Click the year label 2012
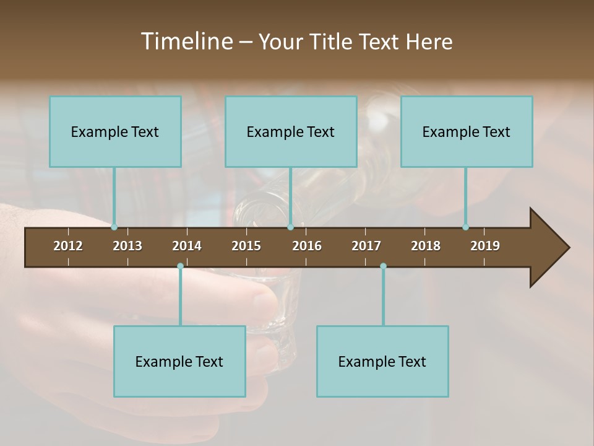pyautogui.click(x=68, y=246)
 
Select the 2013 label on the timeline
pyautogui.click(x=127, y=246)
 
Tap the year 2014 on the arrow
pyautogui.click(x=187, y=246)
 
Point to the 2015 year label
pyautogui.click(x=246, y=246)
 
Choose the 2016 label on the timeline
pyautogui.click(x=307, y=246)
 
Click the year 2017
pyautogui.click(x=366, y=246)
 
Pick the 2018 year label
pyautogui.click(x=426, y=246)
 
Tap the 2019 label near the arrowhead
pyautogui.click(x=485, y=246)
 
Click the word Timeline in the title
pyautogui.click(x=186, y=42)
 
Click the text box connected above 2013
pyautogui.click(x=115, y=131)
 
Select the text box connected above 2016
pyautogui.click(x=291, y=131)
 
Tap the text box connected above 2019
pyautogui.click(x=467, y=131)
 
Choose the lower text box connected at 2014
pyautogui.click(x=179, y=361)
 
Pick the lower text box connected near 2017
pyautogui.click(x=382, y=361)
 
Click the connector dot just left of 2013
pyautogui.click(x=114, y=227)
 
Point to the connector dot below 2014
pyautogui.click(x=180, y=266)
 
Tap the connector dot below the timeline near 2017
pyautogui.click(x=383, y=266)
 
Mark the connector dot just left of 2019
pyautogui.click(x=465, y=227)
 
